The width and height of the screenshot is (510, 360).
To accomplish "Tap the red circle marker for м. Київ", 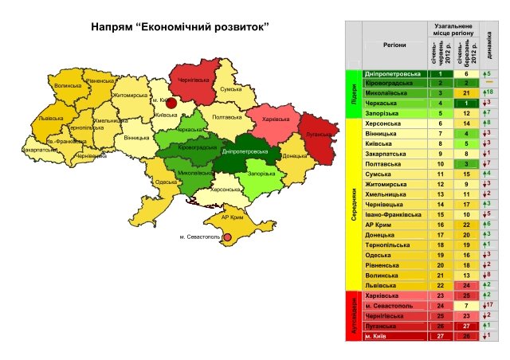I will [x=170, y=103].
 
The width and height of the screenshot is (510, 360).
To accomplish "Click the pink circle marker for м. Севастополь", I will [x=227, y=237].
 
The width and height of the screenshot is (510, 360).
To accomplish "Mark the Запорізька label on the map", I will [x=261, y=174].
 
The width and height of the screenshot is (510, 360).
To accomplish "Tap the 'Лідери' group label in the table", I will [x=352, y=93].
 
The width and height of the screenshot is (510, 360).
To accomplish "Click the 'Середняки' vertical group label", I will [x=352, y=204].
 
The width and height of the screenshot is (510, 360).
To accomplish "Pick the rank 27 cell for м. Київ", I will [x=439, y=336].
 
